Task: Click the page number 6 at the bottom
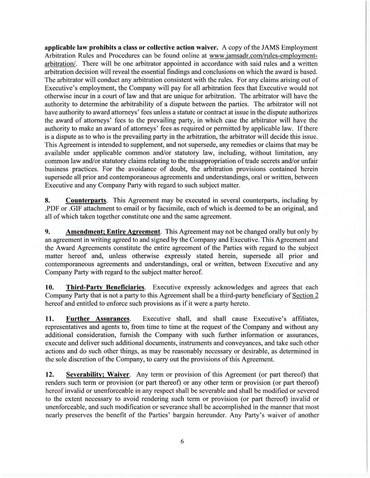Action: (x=182, y=441)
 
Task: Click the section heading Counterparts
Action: (x=86, y=201)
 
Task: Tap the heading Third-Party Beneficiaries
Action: (x=105, y=288)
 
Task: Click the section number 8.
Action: (x=47, y=201)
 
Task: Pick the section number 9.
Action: (x=47, y=232)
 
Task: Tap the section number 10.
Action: (x=49, y=288)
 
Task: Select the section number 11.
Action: (x=49, y=319)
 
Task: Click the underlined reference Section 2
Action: (x=305, y=296)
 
